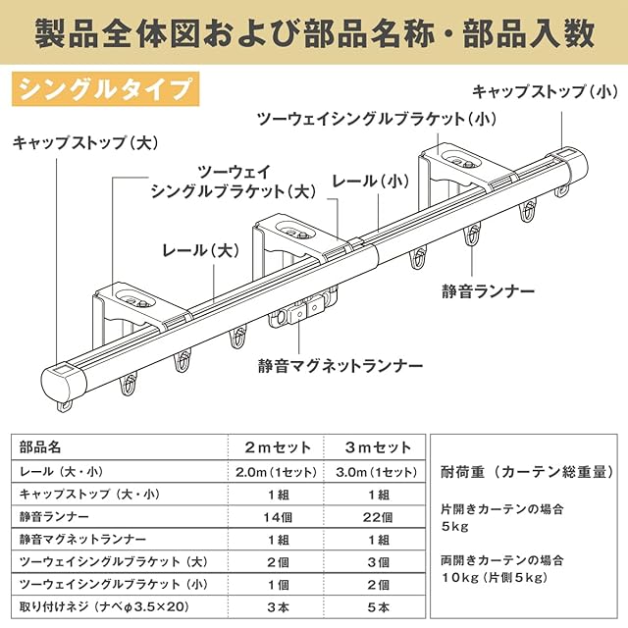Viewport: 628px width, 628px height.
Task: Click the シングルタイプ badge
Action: pos(104,89)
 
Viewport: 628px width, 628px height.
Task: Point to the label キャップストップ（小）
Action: pos(545,92)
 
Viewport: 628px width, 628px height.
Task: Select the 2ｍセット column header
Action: pos(278,447)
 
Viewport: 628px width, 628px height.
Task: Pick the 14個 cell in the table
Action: pos(278,516)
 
